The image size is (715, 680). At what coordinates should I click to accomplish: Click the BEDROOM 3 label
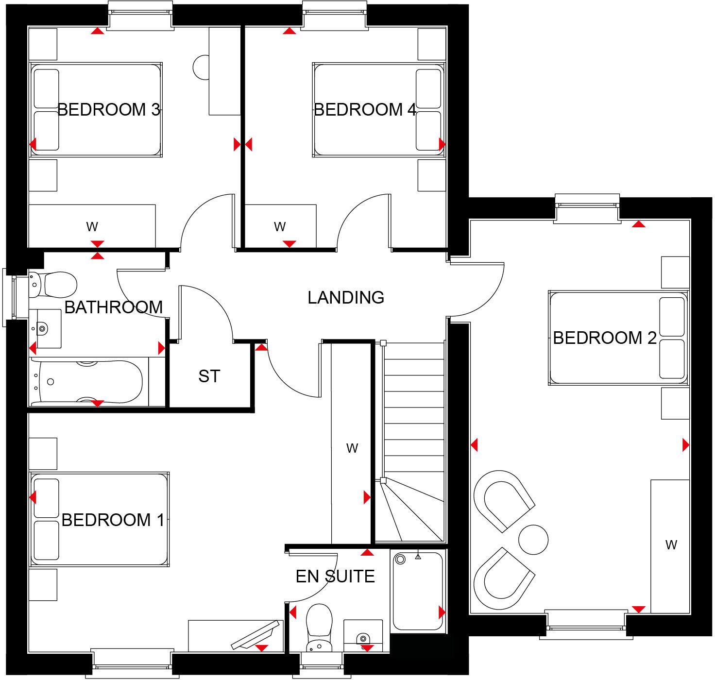(x=109, y=110)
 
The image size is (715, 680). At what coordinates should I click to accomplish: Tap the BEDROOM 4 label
(x=365, y=110)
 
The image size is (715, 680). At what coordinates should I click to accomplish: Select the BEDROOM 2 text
(x=604, y=338)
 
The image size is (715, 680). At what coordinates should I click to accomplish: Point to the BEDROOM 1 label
(x=113, y=520)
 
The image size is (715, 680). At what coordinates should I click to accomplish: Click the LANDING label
(x=346, y=297)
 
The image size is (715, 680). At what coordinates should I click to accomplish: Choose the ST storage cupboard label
(x=209, y=376)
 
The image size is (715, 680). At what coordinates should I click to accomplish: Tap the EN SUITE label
(x=335, y=577)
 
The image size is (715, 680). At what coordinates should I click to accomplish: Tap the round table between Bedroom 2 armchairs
(x=533, y=540)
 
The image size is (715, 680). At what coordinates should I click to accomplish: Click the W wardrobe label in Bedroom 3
(x=92, y=226)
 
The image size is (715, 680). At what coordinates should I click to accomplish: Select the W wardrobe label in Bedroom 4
(x=280, y=226)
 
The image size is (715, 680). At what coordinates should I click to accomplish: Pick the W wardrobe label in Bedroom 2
(x=671, y=545)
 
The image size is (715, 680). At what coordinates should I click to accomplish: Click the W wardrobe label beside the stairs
(x=352, y=448)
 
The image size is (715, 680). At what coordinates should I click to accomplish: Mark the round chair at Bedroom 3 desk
(x=201, y=68)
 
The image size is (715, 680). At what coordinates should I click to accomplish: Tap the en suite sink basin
(x=363, y=637)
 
